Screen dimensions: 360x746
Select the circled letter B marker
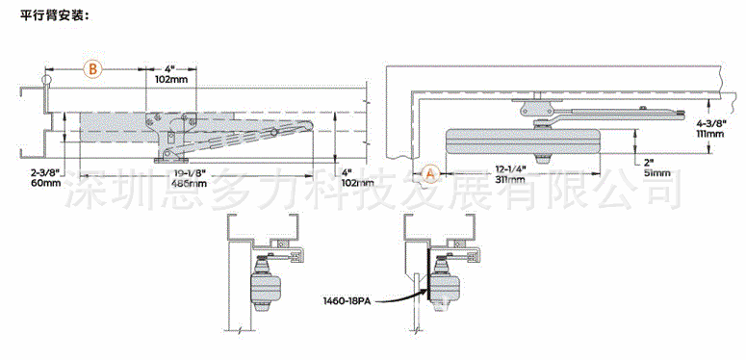coord(92,69)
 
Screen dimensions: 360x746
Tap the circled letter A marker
coord(430,173)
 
